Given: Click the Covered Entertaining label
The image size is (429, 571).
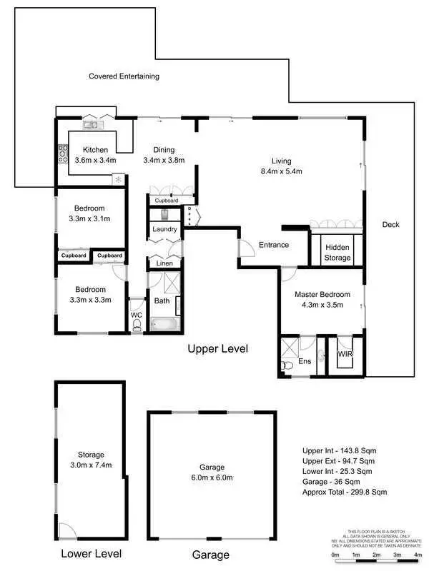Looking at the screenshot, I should point(124,76).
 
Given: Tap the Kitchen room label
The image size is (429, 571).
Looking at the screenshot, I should point(95,150).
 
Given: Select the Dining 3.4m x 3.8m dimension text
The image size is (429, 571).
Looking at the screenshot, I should point(164,161).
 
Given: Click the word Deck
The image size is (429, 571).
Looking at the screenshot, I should point(390,225).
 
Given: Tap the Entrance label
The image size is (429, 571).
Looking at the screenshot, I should point(274,245).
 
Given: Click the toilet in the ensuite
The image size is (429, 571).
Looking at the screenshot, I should point(287,365).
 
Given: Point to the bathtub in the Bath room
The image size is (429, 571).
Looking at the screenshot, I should point(164,325).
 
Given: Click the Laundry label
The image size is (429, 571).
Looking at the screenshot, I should point(164,229).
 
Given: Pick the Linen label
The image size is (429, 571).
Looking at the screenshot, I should point(164,263).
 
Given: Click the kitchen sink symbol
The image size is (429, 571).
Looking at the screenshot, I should point(92,126).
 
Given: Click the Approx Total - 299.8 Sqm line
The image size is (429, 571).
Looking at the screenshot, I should point(345,492).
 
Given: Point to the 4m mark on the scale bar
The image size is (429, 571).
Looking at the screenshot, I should point(418,555).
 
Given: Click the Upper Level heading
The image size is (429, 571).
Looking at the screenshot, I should point(217,349).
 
